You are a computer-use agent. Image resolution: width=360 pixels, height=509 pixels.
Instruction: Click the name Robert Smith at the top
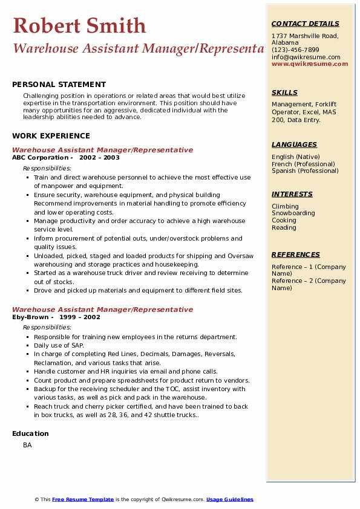[79, 26]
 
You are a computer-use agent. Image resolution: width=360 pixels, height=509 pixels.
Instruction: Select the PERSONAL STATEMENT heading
[59, 85]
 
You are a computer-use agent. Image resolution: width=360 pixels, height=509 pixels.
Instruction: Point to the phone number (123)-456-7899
[295, 50]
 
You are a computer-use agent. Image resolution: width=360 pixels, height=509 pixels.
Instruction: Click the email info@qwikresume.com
[306, 57]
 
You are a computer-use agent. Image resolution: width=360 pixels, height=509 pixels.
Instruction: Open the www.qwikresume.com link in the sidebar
[310, 63]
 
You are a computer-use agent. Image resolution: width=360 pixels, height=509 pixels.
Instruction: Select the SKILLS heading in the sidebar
[284, 92]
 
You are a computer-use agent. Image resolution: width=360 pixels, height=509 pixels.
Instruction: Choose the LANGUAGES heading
[294, 144]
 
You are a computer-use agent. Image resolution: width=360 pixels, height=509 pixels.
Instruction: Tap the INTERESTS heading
[292, 194]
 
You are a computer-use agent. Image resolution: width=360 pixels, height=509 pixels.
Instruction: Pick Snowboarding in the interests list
[293, 213]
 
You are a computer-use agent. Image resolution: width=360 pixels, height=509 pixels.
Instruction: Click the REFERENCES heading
[295, 254]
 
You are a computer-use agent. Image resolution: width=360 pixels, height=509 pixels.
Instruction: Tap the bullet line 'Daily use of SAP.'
[59, 345]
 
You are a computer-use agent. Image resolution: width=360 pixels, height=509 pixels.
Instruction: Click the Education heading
[30, 433]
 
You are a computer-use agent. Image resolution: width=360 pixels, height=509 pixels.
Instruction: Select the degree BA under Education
[27, 445]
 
